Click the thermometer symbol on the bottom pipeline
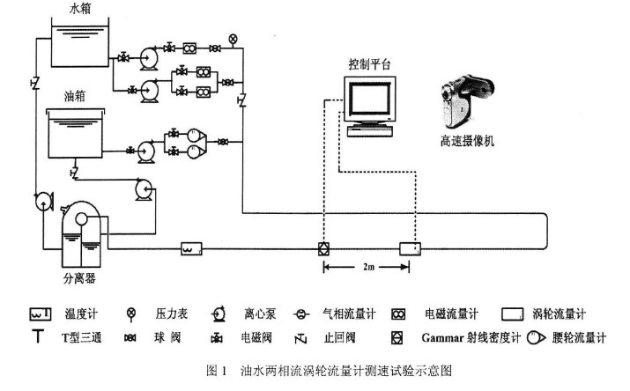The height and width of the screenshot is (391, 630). [x=191, y=249]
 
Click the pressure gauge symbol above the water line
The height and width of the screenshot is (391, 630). [x=233, y=39]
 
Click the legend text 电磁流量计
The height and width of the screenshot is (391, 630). [x=450, y=314]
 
